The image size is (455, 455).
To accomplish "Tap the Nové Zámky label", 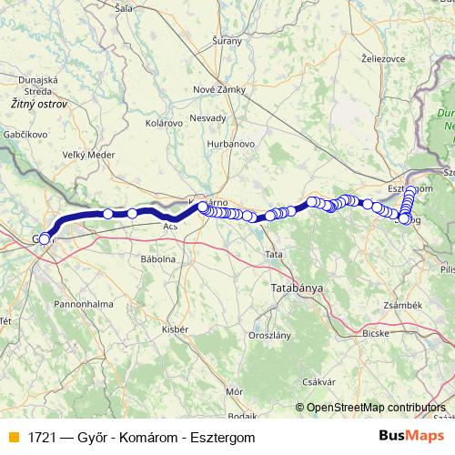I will coord(216,89).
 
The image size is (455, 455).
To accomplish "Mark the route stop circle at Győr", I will coord(45,239).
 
